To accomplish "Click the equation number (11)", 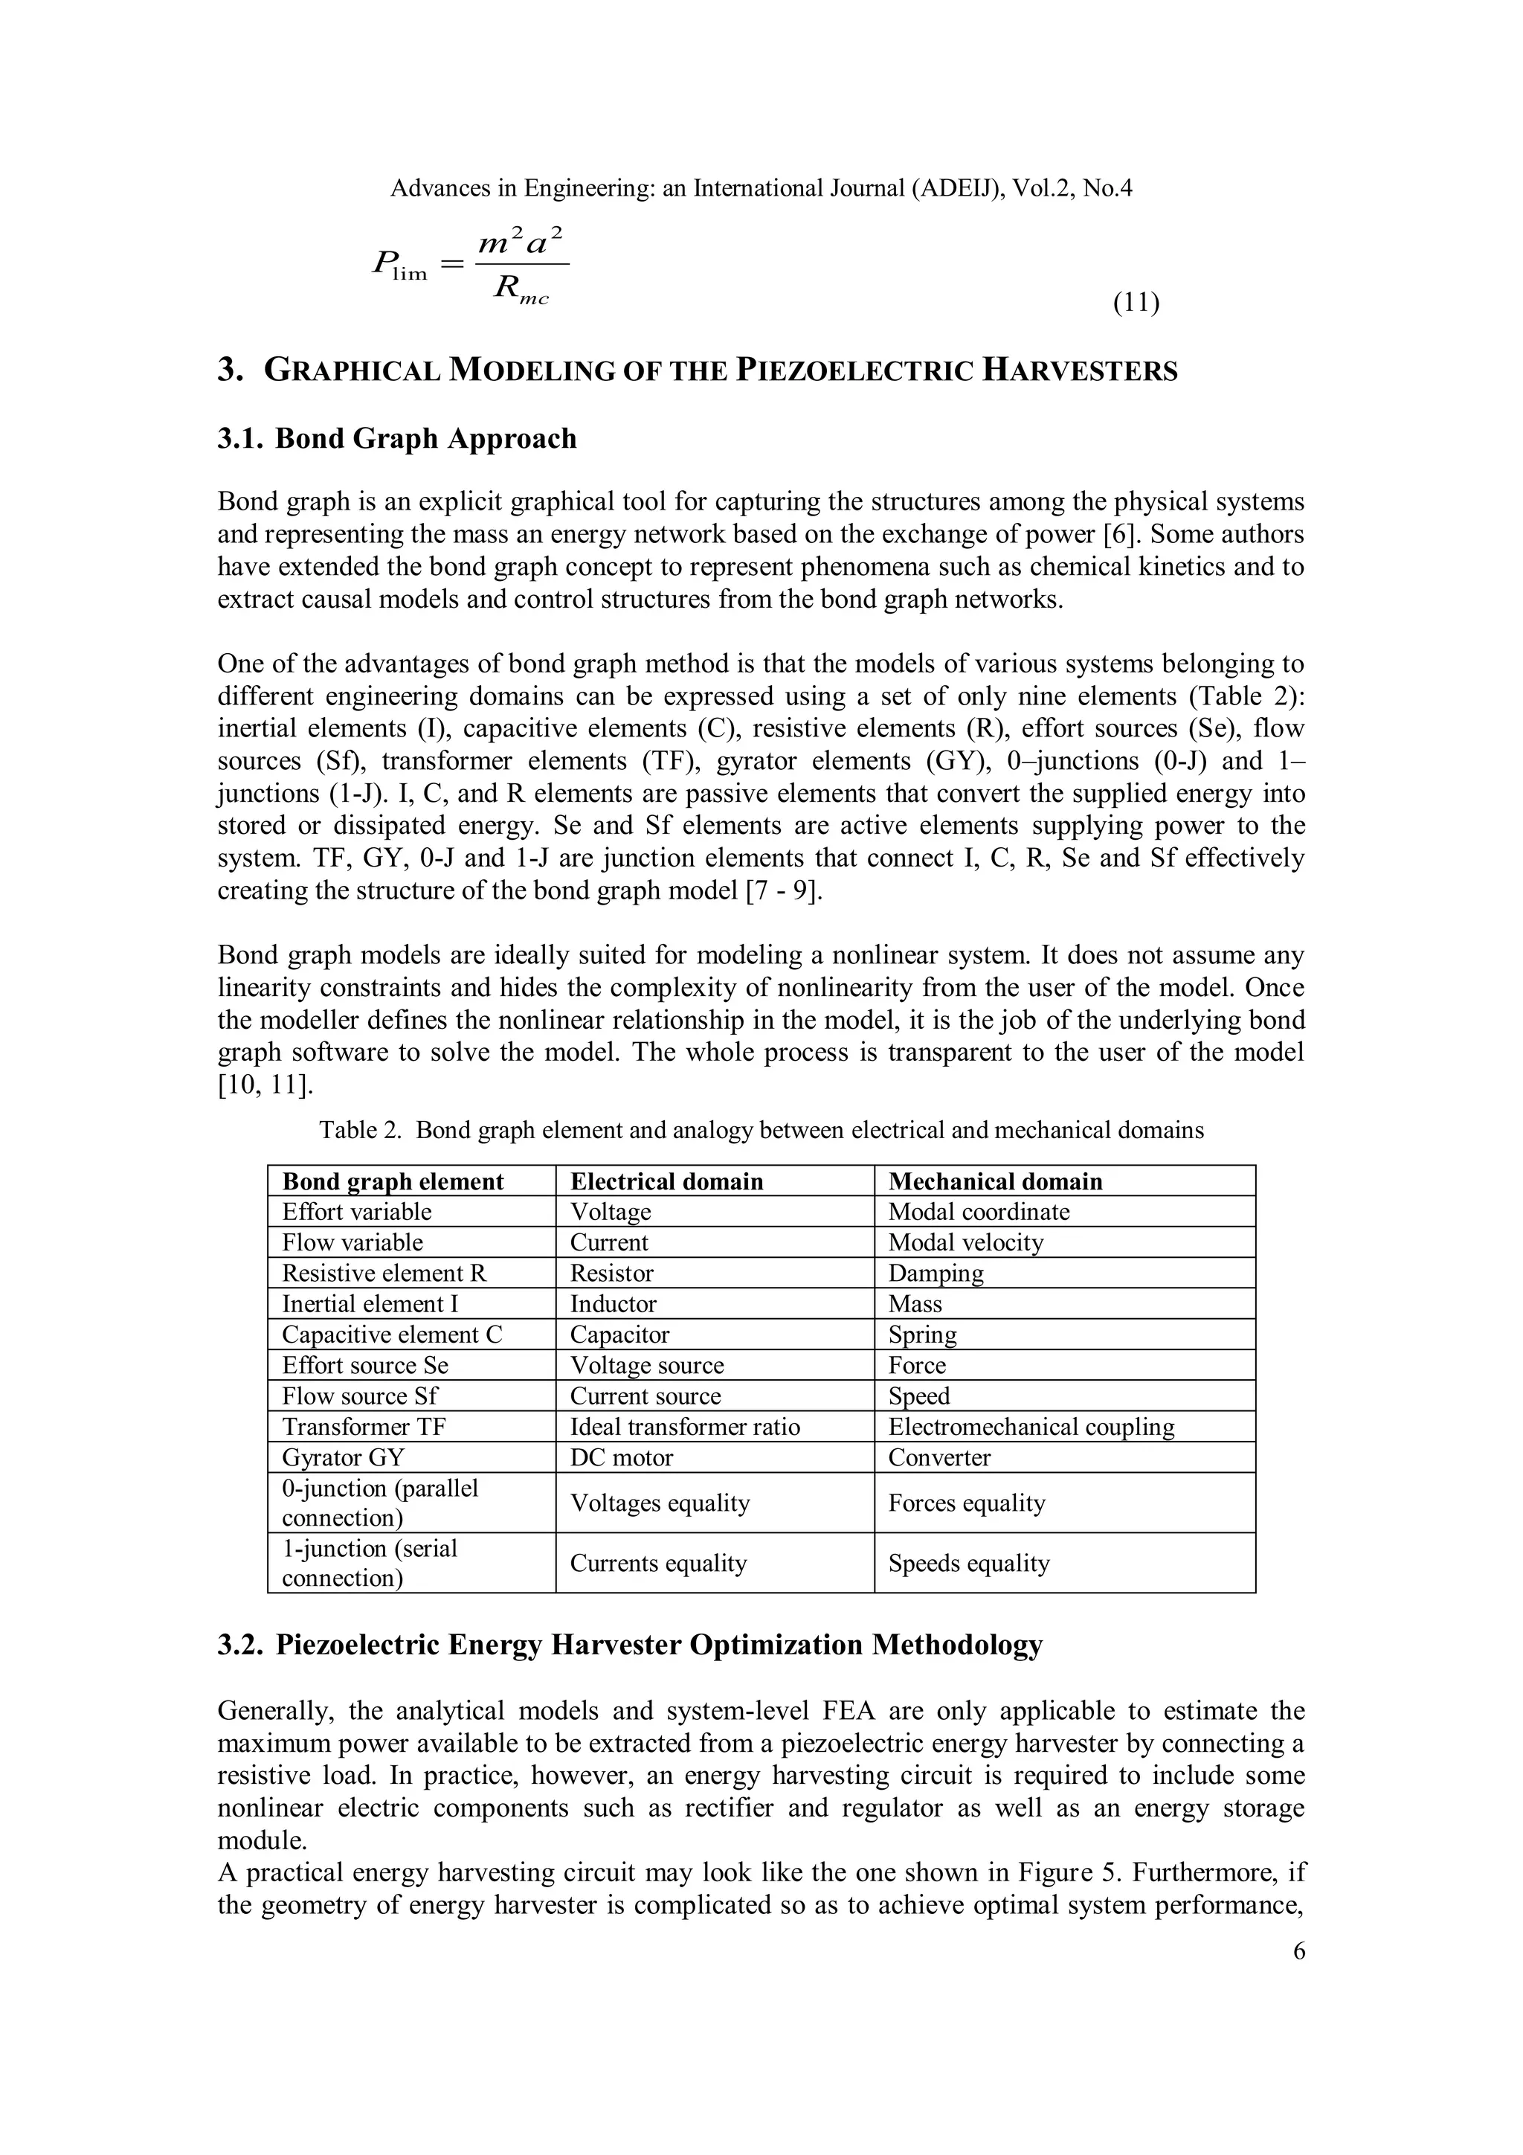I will point(1136,304).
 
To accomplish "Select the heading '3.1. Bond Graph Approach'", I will point(397,438).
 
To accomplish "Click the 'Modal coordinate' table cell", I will point(978,1212).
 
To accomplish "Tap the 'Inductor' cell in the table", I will point(613,1304).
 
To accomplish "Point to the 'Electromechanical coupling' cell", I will point(1031,1427).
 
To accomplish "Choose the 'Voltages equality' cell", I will point(660,1503).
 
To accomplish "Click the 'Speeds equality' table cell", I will point(968,1563).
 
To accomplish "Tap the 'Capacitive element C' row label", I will point(392,1335).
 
